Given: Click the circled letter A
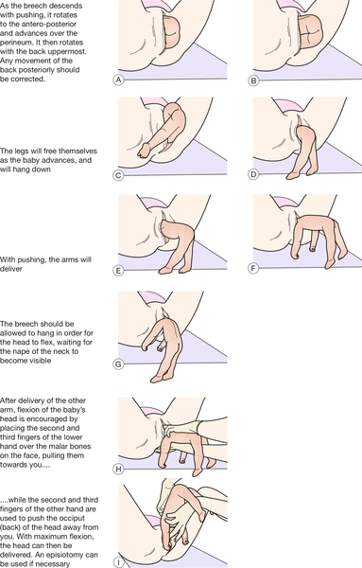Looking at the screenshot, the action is click(118, 80).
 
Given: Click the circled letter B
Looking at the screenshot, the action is click(253, 80).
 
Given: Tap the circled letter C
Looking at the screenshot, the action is click(118, 175).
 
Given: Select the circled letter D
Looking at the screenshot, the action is click(253, 174).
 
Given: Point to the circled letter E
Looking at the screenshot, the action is click(118, 270).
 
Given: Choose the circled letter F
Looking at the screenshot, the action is click(253, 269).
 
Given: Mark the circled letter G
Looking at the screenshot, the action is click(118, 364).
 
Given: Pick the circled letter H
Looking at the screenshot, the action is click(118, 470).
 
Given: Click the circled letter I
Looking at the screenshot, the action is click(118, 562).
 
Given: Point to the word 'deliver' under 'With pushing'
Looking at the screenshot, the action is click(11, 269).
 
